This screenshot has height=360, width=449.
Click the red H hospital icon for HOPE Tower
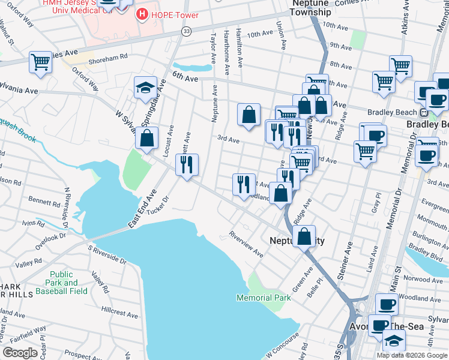click(142, 13)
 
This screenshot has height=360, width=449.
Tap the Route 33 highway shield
click(187, 31)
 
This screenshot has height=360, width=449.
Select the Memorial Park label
click(264, 298)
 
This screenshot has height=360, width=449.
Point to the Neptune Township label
click(310, 8)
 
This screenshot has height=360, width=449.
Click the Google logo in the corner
click(20, 352)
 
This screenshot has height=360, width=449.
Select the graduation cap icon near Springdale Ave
click(145, 88)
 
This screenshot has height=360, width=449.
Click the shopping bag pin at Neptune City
click(305, 236)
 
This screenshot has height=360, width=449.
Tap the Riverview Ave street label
click(246, 244)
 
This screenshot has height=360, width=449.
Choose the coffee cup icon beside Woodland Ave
click(387, 304)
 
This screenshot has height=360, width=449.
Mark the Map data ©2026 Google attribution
click(412, 355)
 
